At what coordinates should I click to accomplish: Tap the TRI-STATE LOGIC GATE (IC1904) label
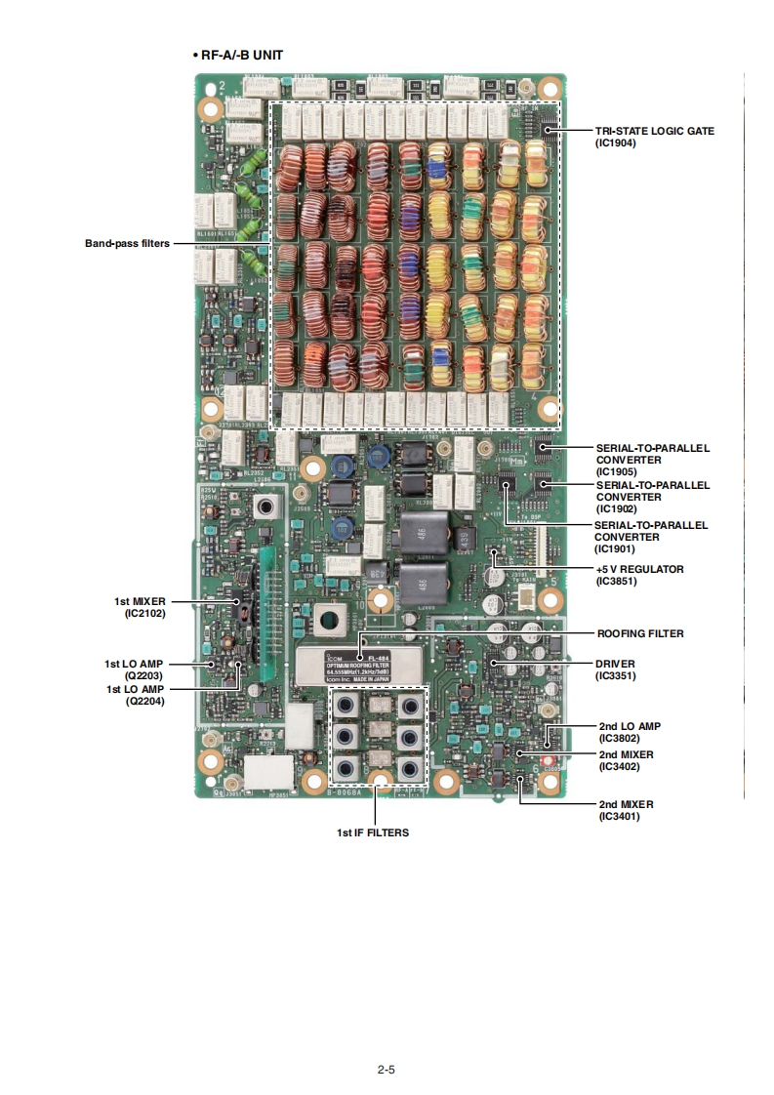coord(654,136)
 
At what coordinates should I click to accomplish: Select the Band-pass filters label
coord(127,243)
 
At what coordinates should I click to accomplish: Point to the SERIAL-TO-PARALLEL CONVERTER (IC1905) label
coord(652,460)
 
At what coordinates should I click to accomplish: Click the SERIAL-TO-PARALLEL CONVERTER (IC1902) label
coord(652,497)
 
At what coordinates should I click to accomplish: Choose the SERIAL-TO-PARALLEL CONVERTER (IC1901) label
coord(651,537)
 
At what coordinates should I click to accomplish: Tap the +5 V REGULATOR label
coord(639,575)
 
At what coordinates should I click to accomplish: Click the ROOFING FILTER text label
coord(640,633)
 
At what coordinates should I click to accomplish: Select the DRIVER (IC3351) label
coord(615,669)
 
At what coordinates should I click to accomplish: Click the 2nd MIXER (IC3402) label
coord(626,760)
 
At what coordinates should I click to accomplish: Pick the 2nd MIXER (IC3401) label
coord(626,810)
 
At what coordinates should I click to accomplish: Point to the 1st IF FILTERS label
coord(373,832)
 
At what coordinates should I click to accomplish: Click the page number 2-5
coord(386,1070)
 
